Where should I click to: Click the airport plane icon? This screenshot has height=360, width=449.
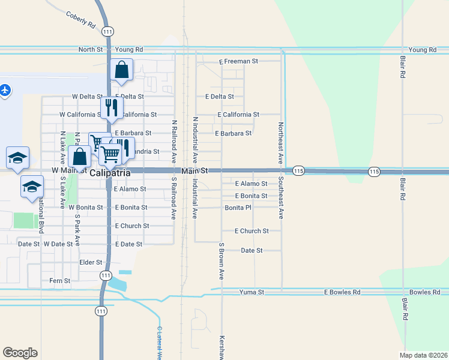pyautogui.click(x=5, y=90)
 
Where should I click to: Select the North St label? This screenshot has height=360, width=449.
pyautogui.click(x=91, y=50)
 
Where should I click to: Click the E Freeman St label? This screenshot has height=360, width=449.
pyautogui.click(x=238, y=61)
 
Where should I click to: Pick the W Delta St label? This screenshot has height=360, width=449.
pyautogui.click(x=88, y=96)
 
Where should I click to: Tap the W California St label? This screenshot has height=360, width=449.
pyautogui.click(x=79, y=114)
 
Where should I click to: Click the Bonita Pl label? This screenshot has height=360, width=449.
pyautogui.click(x=238, y=208)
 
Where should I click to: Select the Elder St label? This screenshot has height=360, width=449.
pyautogui.click(x=91, y=262)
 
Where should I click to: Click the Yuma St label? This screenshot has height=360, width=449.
pyautogui.click(x=252, y=292)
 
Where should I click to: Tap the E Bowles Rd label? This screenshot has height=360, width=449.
pyautogui.click(x=342, y=292)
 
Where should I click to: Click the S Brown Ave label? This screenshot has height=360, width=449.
pyautogui.click(x=221, y=261)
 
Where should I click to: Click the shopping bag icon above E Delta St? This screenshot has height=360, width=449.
pyautogui.click(x=121, y=70)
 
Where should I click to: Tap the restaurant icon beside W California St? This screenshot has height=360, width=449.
pyautogui.click(x=110, y=107)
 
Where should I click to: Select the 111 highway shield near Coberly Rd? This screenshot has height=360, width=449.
pyautogui.click(x=107, y=31)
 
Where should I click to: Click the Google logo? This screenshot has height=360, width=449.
pyautogui.click(x=20, y=353)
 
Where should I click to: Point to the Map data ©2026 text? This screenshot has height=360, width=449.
pyautogui.click(x=423, y=355)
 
